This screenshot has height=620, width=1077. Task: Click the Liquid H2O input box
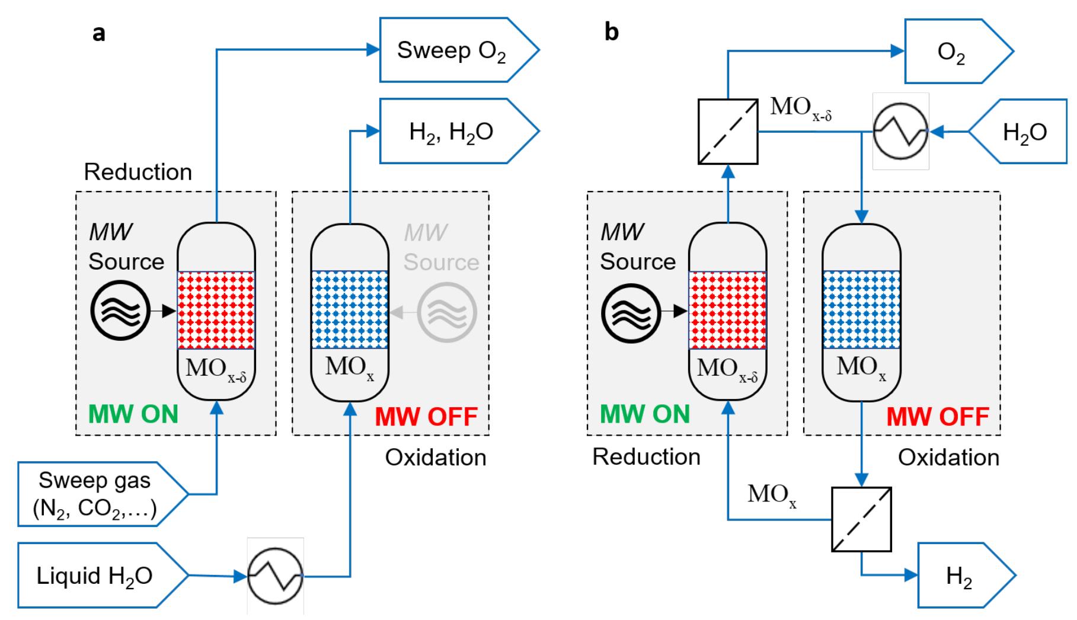coord(95,576)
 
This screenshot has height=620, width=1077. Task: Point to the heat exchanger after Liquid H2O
coord(275,576)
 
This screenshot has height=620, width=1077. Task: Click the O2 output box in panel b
coord(951,52)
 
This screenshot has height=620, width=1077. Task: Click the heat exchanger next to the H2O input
coord(900,132)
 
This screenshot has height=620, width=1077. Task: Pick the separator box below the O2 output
coord(728,132)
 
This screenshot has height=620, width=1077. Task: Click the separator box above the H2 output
coord(861,520)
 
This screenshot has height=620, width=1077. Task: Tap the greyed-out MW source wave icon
coord(446,312)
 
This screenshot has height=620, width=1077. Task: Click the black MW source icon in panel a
coord(120,310)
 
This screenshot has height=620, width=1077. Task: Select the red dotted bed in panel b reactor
coord(727,310)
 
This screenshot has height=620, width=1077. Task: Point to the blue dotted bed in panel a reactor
coord(350,310)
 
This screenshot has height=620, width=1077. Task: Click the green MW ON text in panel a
coord(134,414)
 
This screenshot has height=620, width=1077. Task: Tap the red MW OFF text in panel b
coord(938,416)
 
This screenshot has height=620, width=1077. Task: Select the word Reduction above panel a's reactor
coord(138,172)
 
